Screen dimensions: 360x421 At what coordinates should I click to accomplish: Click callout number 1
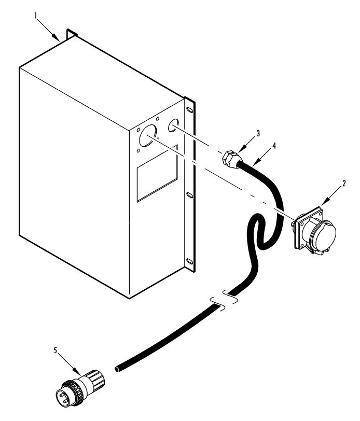(35, 16)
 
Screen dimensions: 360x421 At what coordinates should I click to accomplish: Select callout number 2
(344, 184)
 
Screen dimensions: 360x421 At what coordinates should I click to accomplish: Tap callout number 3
(258, 133)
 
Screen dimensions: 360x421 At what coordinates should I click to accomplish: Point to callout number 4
(274, 146)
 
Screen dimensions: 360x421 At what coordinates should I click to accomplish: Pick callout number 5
(56, 350)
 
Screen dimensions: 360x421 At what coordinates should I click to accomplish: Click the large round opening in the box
(148, 136)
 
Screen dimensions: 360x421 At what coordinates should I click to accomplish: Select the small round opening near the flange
(173, 125)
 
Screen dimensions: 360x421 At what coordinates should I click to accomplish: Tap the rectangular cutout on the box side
(157, 173)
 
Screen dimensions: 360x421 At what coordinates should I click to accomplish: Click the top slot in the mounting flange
(189, 110)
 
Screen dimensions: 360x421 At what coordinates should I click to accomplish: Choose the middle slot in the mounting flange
(189, 195)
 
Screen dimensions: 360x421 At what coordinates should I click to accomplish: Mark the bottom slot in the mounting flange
(189, 261)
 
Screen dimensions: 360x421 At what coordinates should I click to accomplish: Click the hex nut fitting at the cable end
(229, 159)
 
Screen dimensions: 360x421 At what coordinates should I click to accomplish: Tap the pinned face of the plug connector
(62, 396)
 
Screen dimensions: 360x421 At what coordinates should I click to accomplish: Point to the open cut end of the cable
(117, 369)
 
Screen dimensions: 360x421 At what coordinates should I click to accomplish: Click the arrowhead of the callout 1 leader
(56, 37)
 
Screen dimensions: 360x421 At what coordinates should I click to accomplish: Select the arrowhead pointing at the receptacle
(325, 202)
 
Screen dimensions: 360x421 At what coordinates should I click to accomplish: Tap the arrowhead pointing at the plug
(77, 372)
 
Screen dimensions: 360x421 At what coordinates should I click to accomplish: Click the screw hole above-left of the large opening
(138, 130)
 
